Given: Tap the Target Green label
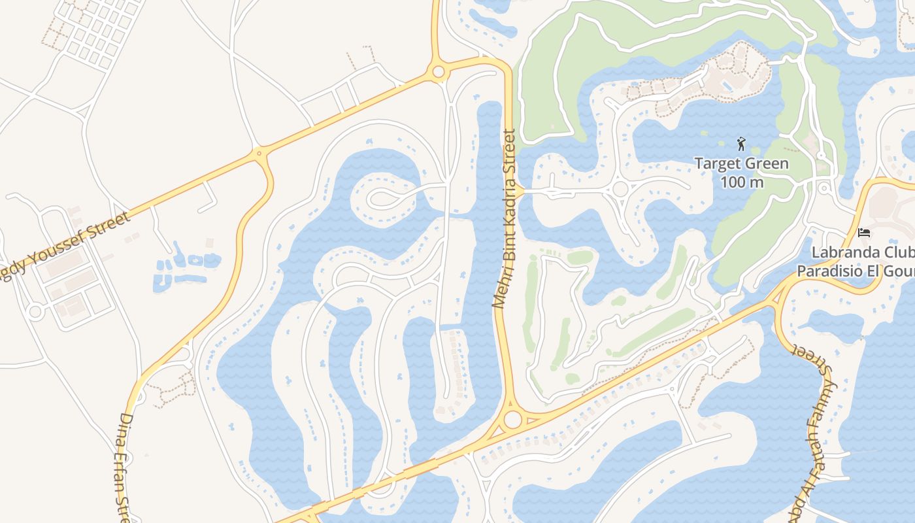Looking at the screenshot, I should (x=741, y=163).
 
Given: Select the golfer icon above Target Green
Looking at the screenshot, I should (x=741, y=143).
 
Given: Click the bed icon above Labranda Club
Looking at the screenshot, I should (x=863, y=233).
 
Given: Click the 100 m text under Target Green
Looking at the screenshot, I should (x=742, y=182).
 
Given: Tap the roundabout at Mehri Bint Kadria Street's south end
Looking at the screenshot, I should (x=512, y=419).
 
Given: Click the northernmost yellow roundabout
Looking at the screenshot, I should (x=438, y=71).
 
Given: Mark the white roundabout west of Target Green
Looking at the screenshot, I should (x=620, y=190).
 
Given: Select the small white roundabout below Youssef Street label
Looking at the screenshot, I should (x=35, y=311).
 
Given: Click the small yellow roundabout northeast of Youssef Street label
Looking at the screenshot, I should (x=259, y=154).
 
